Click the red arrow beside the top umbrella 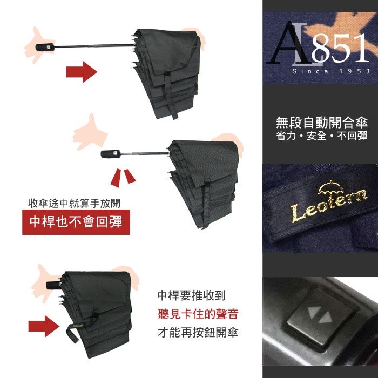[82, 72]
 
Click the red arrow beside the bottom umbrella [44, 326]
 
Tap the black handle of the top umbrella [45, 47]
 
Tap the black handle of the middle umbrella [110, 154]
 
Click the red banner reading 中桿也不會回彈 [76, 222]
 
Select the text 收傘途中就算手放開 [74, 203]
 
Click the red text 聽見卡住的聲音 [198, 314]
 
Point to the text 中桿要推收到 [192, 295]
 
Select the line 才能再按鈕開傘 [198, 332]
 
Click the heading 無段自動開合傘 [322, 122]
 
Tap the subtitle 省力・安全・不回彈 [322, 136]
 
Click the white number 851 [340, 48]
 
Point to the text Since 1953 [331, 71]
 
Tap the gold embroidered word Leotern [329, 205]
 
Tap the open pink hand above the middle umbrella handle [90, 133]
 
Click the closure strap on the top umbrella [171, 93]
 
